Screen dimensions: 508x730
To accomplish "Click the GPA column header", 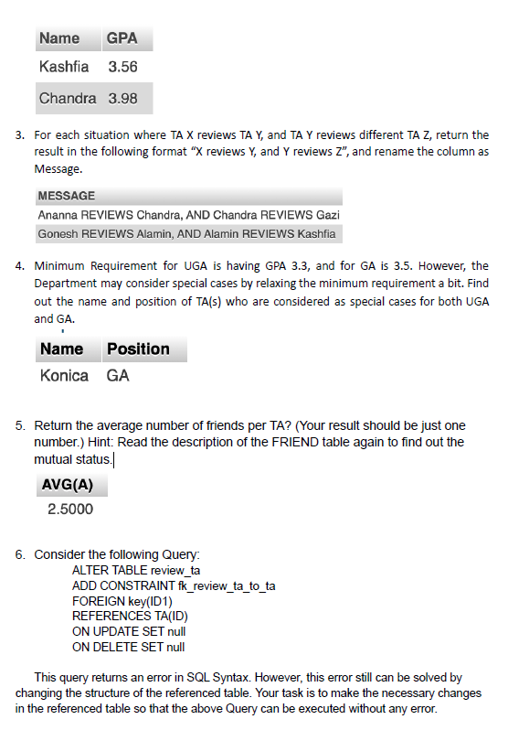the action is pyautogui.click(x=122, y=38).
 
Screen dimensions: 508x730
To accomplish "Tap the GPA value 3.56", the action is pyautogui.click(x=122, y=68).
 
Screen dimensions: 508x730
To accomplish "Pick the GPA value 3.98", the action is pyautogui.click(x=122, y=98).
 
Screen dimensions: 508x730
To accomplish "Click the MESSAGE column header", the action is pyautogui.click(x=66, y=196).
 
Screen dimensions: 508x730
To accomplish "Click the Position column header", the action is pyautogui.click(x=138, y=349).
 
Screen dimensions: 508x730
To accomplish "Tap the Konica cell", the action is pyautogui.click(x=64, y=375).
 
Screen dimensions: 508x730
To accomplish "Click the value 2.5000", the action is pyautogui.click(x=70, y=509).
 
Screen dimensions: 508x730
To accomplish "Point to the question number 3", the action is pyautogui.click(x=19, y=135).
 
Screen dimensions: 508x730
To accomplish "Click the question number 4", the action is pyautogui.click(x=19, y=266).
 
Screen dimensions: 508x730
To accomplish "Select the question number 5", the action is pyautogui.click(x=19, y=425).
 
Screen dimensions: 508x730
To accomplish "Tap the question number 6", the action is pyautogui.click(x=19, y=554).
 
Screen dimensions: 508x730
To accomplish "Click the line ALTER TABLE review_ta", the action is pyautogui.click(x=136, y=570).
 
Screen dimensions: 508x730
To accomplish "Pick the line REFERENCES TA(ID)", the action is pyautogui.click(x=130, y=617).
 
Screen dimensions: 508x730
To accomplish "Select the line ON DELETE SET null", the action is pyautogui.click(x=128, y=647).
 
